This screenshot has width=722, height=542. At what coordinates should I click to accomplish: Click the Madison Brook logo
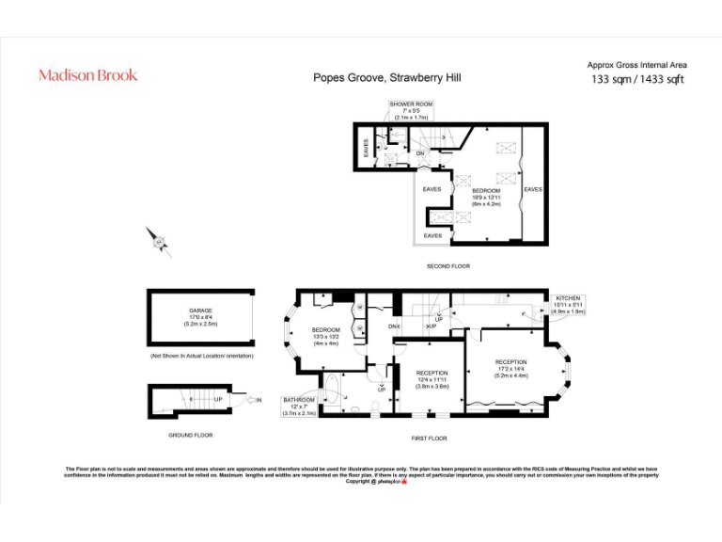[87, 75]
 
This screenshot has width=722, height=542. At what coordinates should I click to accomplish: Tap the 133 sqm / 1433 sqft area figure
[636, 79]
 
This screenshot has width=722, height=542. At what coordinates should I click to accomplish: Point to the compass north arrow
[159, 242]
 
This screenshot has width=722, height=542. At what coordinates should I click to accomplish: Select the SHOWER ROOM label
[411, 104]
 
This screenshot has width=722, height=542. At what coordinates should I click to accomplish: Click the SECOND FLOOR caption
[447, 266]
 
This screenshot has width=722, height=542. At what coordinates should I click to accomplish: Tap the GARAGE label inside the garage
[200, 311]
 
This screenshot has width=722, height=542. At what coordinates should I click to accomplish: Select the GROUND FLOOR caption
[190, 435]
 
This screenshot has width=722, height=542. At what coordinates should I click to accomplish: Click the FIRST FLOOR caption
[428, 438]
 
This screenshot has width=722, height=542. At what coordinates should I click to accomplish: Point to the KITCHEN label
[569, 297]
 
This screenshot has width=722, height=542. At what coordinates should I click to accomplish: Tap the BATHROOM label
[300, 400]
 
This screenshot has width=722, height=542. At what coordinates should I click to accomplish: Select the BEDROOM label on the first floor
[325, 330]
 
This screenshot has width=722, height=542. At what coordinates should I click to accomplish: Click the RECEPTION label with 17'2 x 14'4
[511, 362]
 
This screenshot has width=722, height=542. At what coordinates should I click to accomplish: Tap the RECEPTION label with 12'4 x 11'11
[432, 373]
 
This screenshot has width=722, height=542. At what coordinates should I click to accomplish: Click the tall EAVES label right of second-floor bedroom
[533, 189]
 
